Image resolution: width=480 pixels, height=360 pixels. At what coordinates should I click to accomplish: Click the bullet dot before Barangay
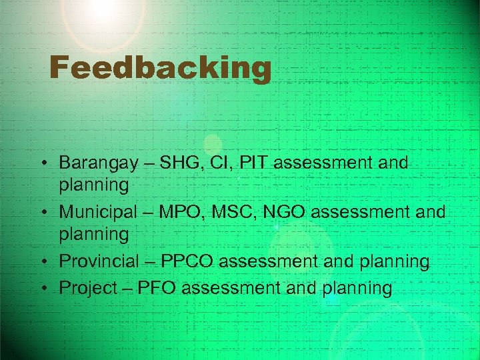pos(42,163)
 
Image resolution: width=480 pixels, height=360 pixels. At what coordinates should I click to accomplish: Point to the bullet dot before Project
pos(42,288)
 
